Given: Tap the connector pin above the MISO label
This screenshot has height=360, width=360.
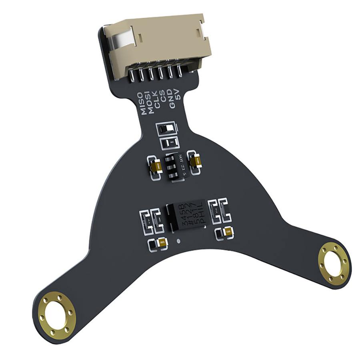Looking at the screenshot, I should pos(133,76).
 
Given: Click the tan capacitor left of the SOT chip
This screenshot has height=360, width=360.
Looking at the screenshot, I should pos(156,166).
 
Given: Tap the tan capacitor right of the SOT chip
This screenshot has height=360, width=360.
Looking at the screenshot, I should pos(196,161).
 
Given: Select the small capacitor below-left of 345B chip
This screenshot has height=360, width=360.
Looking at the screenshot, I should pos(162,242).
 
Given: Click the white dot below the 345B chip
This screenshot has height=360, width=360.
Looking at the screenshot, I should pos(178,242).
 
